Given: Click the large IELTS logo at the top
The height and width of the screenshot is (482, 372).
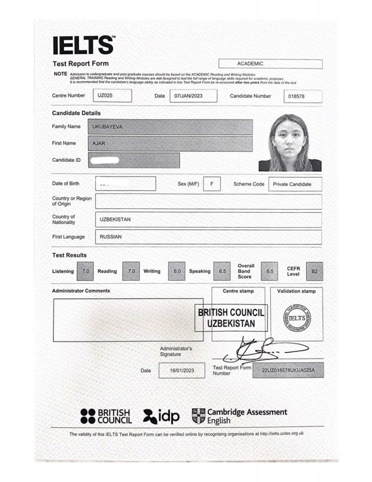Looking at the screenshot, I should (83, 46).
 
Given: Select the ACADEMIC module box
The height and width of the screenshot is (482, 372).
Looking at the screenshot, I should (270, 64).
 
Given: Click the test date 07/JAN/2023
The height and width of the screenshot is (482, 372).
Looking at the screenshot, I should (193, 96).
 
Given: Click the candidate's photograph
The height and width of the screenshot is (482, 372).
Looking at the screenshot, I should (290, 143).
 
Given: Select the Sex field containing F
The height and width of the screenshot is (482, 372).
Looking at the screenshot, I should (212, 184).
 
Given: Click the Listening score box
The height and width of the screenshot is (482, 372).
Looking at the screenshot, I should (86, 271).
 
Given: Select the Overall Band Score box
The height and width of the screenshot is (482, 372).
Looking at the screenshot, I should (269, 271).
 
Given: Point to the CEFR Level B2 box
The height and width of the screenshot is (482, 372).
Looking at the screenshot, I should (315, 271).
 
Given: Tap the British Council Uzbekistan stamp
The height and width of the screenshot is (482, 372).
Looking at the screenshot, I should (231, 318).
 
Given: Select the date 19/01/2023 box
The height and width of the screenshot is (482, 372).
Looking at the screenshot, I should (182, 370).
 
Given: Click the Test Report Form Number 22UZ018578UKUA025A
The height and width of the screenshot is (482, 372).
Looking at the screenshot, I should (288, 370).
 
